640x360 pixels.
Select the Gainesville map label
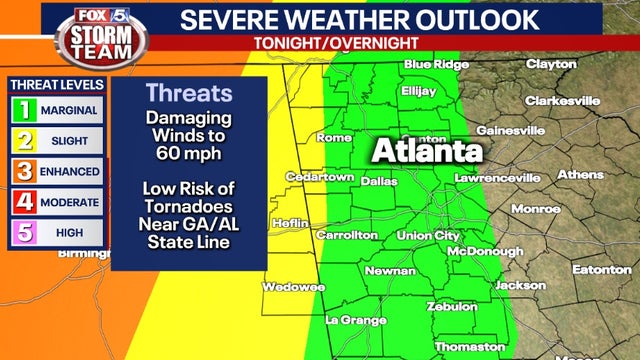click(x=510, y=131)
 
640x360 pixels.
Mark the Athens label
click(x=580, y=175)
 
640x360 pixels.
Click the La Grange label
click(x=356, y=321)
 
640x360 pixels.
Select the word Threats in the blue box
click(x=189, y=94)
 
